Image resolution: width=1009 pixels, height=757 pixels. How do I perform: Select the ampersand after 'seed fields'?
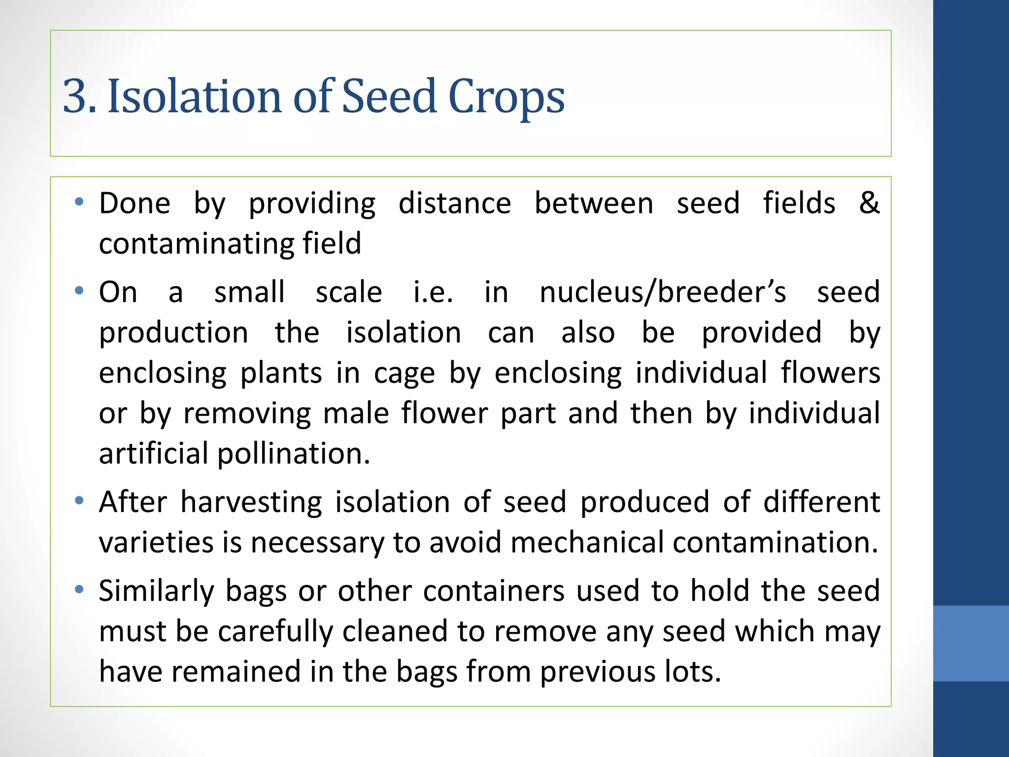point(869,203)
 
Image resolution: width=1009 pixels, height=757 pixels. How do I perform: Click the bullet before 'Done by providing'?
point(79,202)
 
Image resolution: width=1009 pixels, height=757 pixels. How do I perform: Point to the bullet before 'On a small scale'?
point(79,290)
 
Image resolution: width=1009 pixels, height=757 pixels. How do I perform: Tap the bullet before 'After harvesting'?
point(79,501)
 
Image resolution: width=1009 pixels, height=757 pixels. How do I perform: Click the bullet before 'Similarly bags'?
point(79,589)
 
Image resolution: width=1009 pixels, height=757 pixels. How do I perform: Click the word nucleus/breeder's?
point(663,292)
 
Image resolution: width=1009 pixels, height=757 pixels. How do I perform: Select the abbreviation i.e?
point(433,292)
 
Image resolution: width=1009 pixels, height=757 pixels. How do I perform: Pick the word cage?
point(404,373)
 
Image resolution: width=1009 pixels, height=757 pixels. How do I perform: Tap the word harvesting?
point(251,503)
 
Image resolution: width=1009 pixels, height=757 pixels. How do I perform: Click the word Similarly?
point(156,591)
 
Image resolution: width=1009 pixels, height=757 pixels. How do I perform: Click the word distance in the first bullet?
point(454,204)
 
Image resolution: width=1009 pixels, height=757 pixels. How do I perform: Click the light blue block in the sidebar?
point(971,643)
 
